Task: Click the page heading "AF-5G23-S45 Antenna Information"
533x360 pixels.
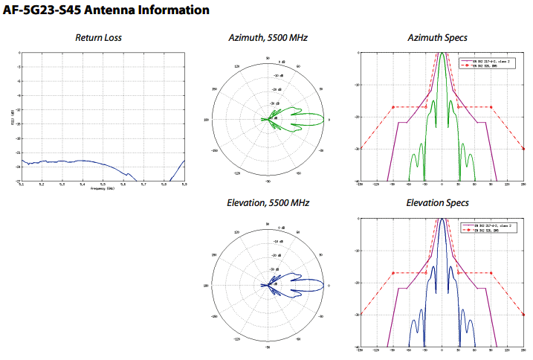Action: [106, 10]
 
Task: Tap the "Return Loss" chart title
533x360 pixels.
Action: [99, 37]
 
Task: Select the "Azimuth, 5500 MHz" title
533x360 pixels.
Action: [268, 37]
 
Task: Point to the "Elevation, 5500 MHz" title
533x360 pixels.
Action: [268, 202]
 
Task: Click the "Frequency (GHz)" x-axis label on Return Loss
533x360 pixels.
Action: [103, 188]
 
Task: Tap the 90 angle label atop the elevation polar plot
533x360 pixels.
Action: [268, 222]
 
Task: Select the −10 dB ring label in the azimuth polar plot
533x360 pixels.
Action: [277, 76]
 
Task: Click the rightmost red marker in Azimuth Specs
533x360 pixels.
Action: [491, 107]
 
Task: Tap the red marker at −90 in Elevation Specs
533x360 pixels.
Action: [392, 273]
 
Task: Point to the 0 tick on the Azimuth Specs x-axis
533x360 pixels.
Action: [442, 184]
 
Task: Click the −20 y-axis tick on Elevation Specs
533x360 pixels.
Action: [358, 283]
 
